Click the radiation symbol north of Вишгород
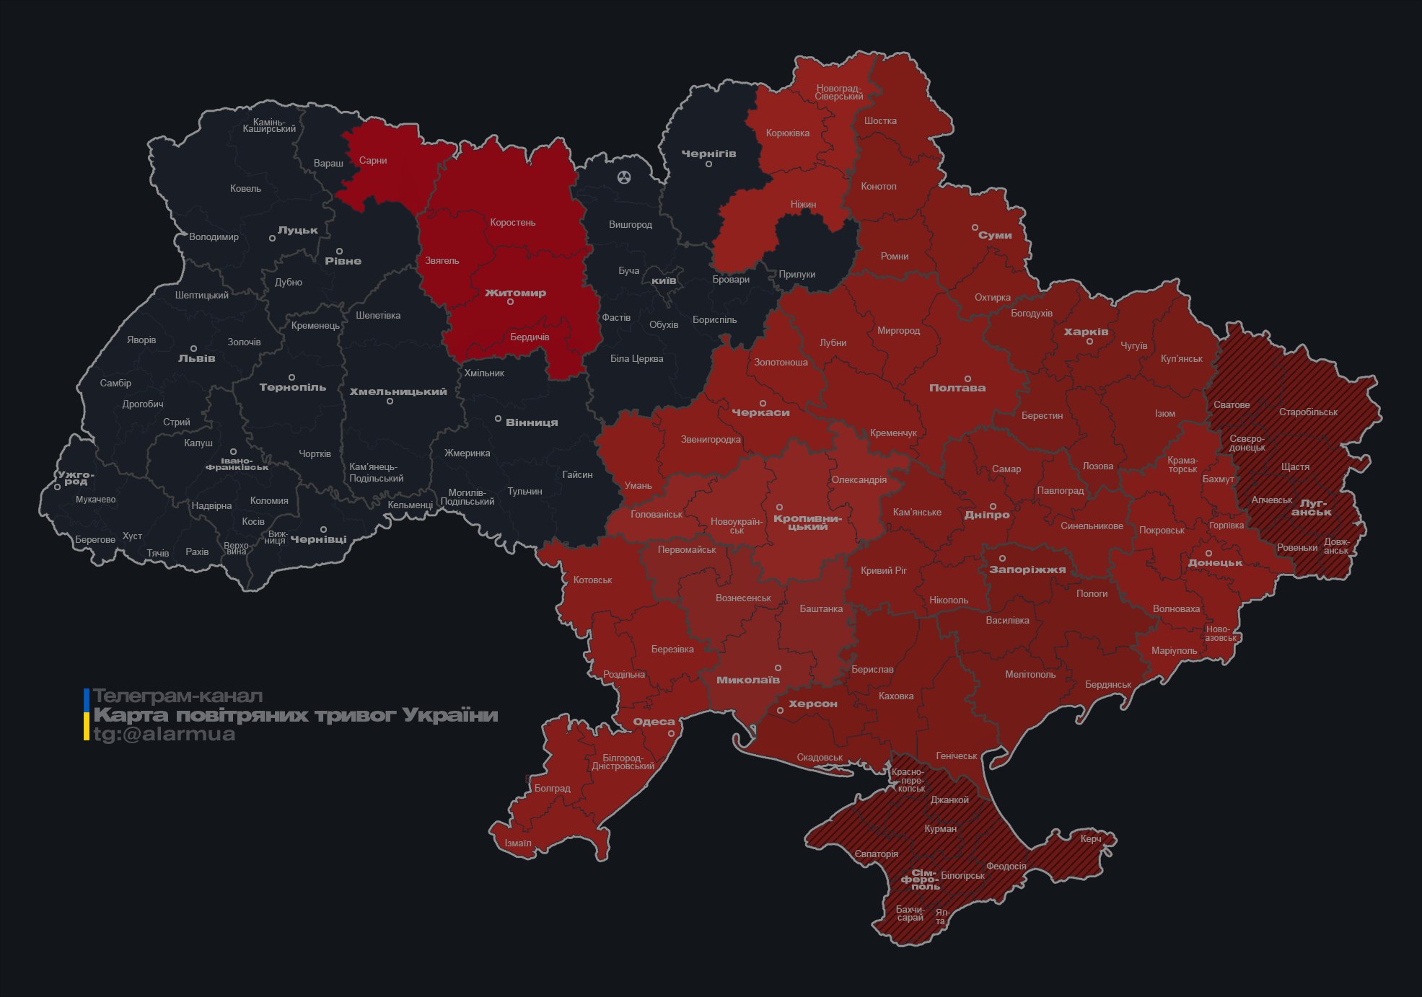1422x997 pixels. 624,177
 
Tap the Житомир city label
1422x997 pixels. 515,293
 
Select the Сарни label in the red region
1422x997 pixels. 373,160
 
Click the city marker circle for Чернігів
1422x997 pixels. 708,164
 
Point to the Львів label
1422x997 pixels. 196,358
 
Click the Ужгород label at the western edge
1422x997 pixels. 76,478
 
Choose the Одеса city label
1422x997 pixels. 654,722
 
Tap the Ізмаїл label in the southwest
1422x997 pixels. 518,843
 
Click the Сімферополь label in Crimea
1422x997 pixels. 919,879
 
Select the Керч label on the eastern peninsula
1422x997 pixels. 1091,838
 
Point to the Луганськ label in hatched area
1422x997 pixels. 1312,508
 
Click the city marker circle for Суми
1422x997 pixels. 975,227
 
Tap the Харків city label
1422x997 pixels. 1086,332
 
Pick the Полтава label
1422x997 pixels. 957,388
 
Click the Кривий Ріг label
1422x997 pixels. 883,570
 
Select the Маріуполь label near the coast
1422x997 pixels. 1174,650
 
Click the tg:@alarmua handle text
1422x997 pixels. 164,734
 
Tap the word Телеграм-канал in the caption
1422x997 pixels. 177,696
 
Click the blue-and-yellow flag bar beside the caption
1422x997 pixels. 87,714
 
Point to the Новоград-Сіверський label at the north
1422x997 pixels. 838,92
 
